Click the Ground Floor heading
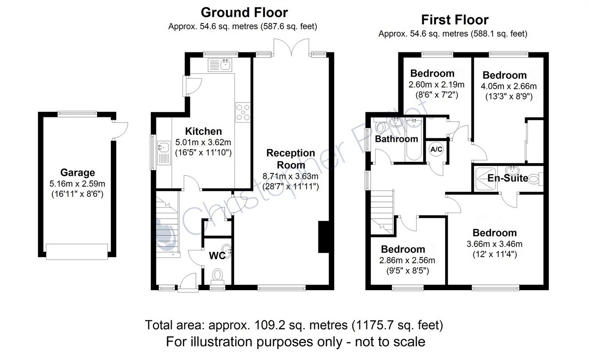(x=244, y=13)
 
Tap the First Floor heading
(x=455, y=20)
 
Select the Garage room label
(x=78, y=172)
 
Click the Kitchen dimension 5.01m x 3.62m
(x=203, y=142)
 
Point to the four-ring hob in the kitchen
(x=243, y=112)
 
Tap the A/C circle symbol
(x=436, y=149)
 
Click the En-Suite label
(x=508, y=178)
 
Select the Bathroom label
(x=397, y=139)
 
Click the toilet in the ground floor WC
(x=217, y=277)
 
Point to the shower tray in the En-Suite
(x=486, y=178)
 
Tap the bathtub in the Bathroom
(x=414, y=139)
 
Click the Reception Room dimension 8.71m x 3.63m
(x=291, y=176)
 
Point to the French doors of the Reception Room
(x=291, y=47)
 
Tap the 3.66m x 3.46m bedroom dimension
(x=494, y=244)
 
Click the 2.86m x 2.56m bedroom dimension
(x=407, y=261)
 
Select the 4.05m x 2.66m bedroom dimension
(x=509, y=86)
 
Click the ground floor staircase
(x=168, y=224)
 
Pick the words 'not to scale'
(x=390, y=342)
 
